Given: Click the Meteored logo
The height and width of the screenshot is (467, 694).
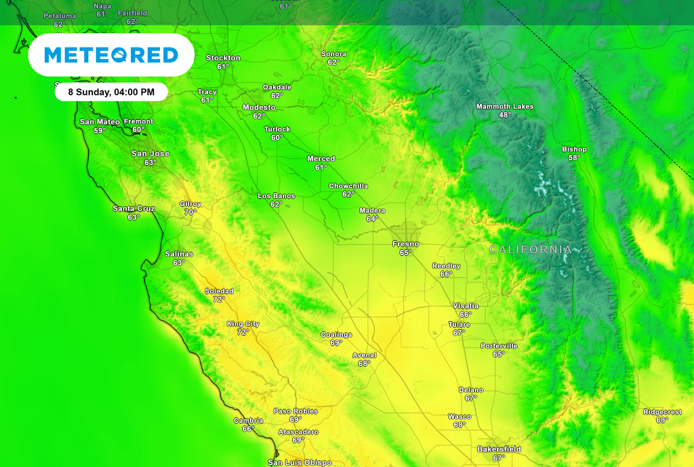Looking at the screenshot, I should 111,55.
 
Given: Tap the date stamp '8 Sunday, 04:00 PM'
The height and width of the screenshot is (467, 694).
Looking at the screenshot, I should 111,92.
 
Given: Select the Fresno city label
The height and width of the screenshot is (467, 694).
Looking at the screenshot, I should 405,244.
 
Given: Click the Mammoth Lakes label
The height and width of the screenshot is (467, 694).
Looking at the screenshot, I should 505,107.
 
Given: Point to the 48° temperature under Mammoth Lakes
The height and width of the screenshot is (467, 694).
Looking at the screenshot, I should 505,115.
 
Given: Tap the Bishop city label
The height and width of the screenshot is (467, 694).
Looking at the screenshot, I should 574,149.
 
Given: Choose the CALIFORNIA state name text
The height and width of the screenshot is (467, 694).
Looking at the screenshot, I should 531,250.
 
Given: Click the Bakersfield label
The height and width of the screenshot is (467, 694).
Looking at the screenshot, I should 499,449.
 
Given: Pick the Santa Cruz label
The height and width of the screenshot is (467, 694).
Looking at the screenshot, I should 134,209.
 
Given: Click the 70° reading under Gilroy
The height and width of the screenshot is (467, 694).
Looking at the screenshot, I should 190,212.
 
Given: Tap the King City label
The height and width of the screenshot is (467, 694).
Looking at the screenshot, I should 243,324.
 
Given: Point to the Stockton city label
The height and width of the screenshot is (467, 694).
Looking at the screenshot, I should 223,58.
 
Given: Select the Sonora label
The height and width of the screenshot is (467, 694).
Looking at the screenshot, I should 333,54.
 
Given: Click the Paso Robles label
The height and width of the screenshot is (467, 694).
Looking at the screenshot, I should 295,411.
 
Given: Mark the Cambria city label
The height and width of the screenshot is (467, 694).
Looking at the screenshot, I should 248,421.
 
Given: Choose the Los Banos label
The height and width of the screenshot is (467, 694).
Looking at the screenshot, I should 276,196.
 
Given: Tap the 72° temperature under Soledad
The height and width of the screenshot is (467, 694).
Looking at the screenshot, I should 219,300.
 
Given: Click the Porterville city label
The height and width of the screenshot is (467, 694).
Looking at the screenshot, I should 499,346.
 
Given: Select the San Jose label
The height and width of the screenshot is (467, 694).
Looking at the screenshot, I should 150,154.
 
